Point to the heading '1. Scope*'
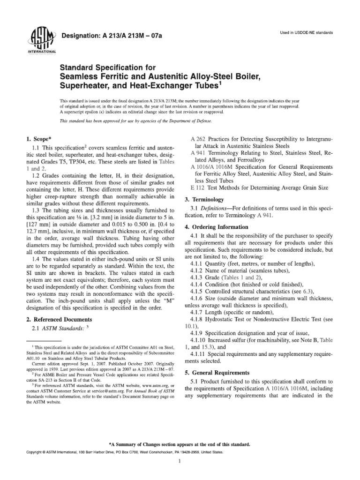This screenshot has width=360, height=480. pos(36,139)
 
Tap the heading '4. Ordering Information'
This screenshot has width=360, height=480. pos(218,227)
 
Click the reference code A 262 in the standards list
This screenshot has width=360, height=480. pos(199,139)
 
